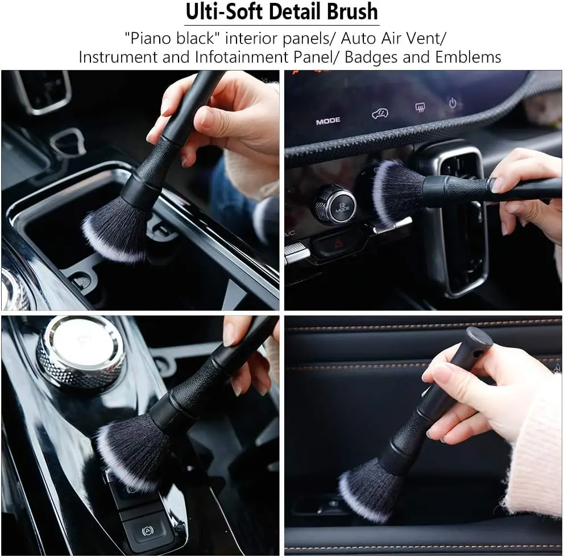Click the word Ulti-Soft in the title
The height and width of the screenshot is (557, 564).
(222, 12)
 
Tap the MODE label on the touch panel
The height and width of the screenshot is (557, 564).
(328, 121)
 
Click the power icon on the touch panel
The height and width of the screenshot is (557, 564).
(453, 103)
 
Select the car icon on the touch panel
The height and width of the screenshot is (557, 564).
(380, 114)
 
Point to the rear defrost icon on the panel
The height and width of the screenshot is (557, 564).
(421, 107)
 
